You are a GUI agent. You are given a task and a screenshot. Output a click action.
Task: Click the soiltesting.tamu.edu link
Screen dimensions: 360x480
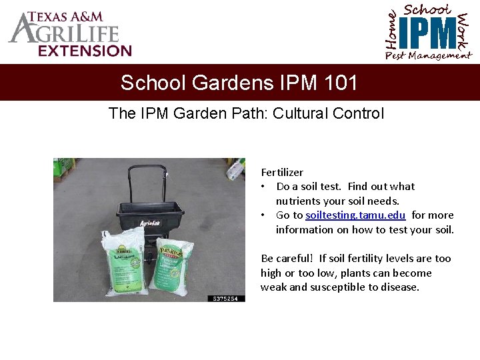[x=355, y=215]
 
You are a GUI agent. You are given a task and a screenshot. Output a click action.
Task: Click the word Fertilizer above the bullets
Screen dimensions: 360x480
[x=282, y=172]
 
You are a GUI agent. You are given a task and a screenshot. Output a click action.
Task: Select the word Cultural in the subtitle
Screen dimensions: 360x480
[x=307, y=113]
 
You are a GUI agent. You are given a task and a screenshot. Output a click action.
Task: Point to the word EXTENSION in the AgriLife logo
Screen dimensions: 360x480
[x=85, y=50]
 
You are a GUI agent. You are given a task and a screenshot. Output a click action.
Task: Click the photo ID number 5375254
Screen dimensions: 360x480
[x=226, y=298]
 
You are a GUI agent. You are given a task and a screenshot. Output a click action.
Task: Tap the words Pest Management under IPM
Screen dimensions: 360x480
[x=428, y=56]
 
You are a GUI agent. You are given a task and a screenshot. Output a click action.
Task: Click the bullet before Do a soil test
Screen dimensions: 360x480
[x=265, y=187]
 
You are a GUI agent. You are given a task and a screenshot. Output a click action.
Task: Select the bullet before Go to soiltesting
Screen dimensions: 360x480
[x=265, y=215]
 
